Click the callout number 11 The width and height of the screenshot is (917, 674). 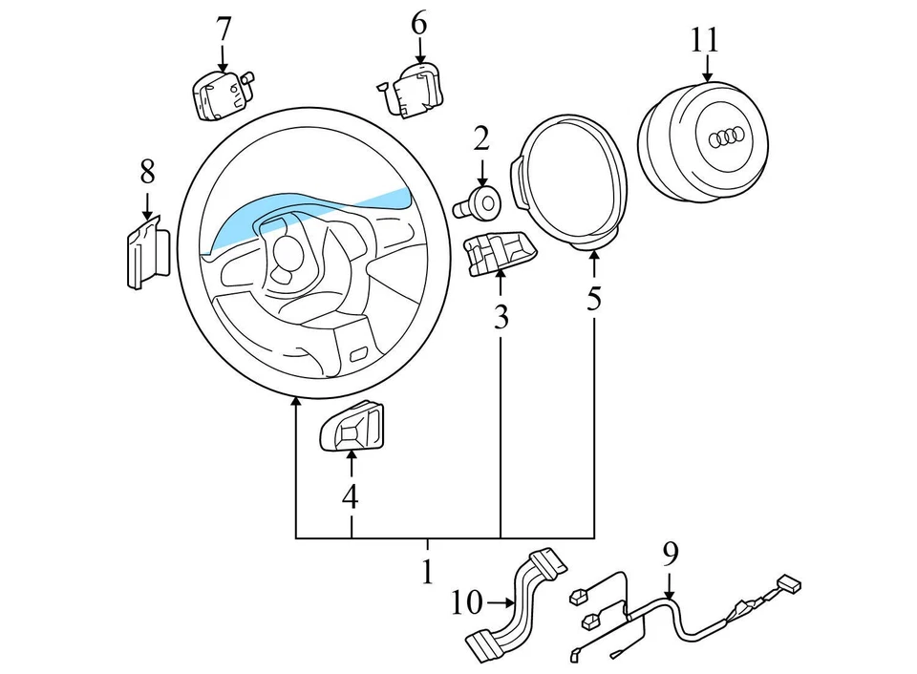[x=705, y=39]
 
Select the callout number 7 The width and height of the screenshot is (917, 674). [x=223, y=30]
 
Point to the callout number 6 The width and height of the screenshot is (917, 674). [x=418, y=23]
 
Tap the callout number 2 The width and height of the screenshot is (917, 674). [x=480, y=138]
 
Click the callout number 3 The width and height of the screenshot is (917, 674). [x=501, y=318]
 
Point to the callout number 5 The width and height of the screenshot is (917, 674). [x=594, y=300]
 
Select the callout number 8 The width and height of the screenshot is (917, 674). [x=146, y=172]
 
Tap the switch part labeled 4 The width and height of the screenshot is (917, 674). [x=352, y=426]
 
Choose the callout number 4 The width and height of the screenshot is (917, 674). [x=351, y=496]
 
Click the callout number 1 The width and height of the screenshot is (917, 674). [x=427, y=571]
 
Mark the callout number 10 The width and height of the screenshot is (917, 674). [x=467, y=603]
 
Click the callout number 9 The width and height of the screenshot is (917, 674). [x=670, y=551]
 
